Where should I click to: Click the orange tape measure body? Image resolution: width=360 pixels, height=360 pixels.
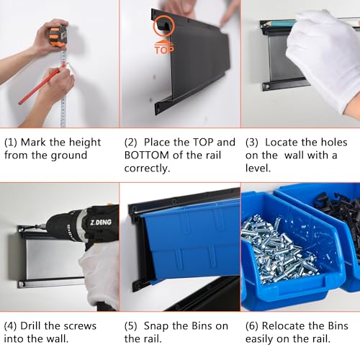58,36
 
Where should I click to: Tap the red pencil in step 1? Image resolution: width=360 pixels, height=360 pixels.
40,85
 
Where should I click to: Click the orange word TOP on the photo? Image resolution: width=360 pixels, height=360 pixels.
164,49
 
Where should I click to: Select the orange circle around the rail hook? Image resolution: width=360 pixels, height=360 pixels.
164,26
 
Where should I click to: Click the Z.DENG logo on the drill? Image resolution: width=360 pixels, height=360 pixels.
101,222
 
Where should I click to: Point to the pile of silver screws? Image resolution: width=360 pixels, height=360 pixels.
279,250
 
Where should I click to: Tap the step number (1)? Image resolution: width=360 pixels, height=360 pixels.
11,143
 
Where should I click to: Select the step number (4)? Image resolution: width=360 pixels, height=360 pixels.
10,326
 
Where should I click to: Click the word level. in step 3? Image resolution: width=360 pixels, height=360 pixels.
258,168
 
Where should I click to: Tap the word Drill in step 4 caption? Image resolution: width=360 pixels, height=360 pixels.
31,326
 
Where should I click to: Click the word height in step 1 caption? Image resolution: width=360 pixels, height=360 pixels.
84,143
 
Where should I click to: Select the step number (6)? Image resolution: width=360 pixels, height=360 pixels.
252,326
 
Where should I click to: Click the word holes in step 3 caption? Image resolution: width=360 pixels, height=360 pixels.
334,143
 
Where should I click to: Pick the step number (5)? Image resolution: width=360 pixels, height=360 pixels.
131,326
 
